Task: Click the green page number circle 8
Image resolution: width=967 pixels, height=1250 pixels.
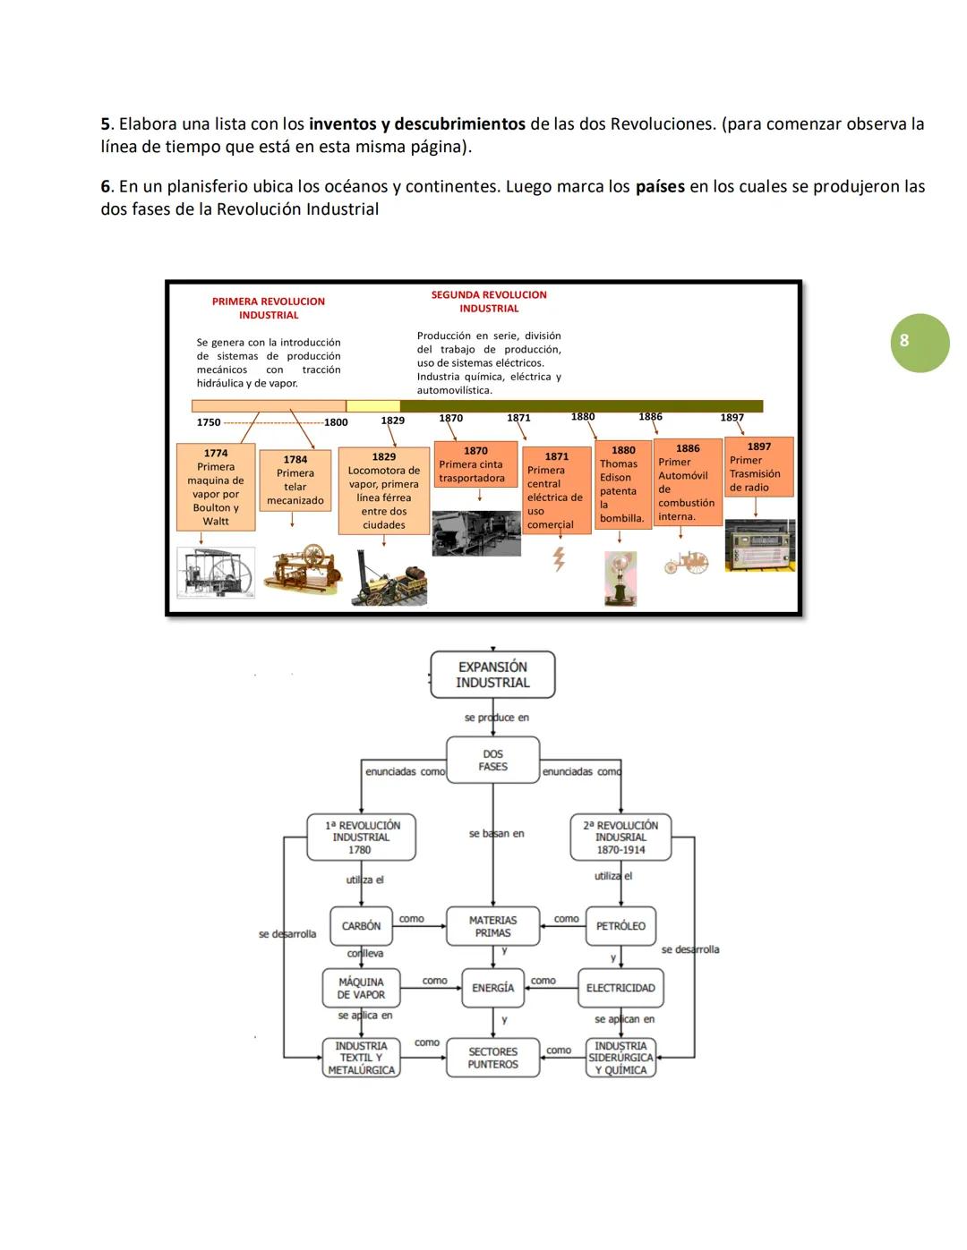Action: pyautogui.click(x=920, y=342)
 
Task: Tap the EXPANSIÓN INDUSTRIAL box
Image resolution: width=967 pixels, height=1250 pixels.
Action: pyautogui.click(x=492, y=675)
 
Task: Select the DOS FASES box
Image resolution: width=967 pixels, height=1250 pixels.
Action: pyautogui.click(x=492, y=761)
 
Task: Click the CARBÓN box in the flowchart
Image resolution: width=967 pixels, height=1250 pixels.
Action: pyautogui.click(x=361, y=926)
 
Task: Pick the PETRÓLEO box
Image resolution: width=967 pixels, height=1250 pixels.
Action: pyautogui.click(x=620, y=926)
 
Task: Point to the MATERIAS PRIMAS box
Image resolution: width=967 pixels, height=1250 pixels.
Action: pyautogui.click(x=492, y=926)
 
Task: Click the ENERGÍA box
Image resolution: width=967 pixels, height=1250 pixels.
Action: pyautogui.click(x=492, y=988)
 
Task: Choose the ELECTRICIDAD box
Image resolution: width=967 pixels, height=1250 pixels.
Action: pyautogui.click(x=620, y=988)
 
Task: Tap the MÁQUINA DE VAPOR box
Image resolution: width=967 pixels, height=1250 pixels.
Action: pyautogui.click(x=361, y=988)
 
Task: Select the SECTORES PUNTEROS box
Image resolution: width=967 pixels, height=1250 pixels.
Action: pyautogui.click(x=492, y=1058)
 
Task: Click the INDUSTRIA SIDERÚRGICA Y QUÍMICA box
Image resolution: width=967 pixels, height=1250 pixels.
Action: pyautogui.click(x=620, y=1058)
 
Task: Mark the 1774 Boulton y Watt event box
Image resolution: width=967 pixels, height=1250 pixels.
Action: pyautogui.click(x=216, y=488)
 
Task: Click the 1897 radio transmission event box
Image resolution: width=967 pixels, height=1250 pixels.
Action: pyautogui.click(x=758, y=467)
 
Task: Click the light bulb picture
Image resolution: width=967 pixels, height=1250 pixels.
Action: pyautogui.click(x=620, y=576)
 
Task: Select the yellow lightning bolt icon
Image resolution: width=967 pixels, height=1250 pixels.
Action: pyautogui.click(x=559, y=559)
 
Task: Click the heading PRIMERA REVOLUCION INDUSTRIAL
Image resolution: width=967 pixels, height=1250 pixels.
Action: pyautogui.click(x=269, y=308)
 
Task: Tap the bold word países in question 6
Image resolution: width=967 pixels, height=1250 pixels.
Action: pyautogui.click(x=660, y=187)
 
